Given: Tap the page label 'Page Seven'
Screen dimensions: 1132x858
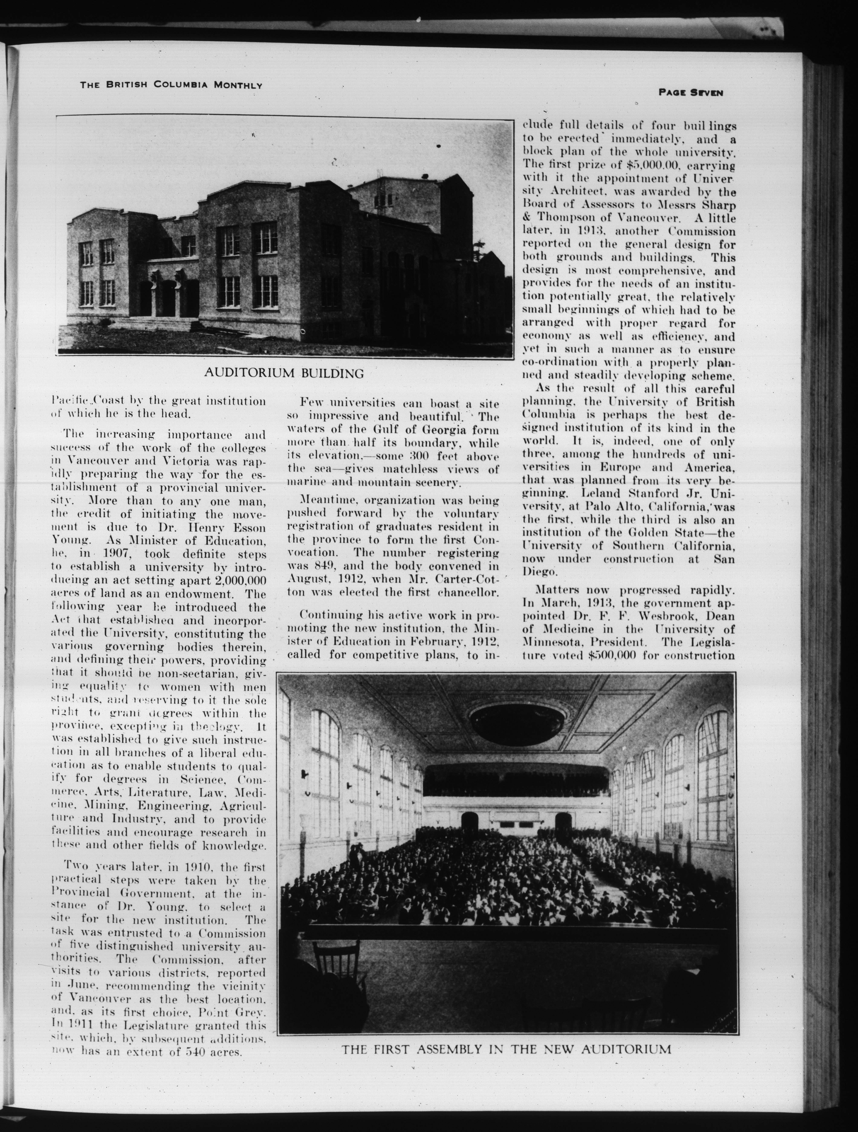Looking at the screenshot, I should click(691, 93).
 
